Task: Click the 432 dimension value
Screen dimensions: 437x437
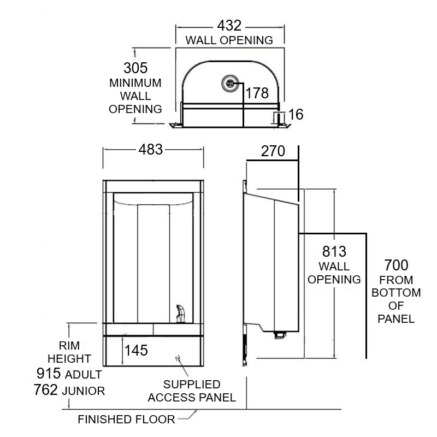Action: click(229, 26)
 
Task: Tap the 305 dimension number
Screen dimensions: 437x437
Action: click(135, 68)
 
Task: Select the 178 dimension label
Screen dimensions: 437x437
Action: click(257, 93)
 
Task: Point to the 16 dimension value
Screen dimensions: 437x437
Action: click(296, 114)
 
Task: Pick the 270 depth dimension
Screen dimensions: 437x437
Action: click(273, 151)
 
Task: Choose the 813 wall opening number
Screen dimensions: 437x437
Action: click(334, 252)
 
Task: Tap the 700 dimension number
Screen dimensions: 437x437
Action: click(396, 266)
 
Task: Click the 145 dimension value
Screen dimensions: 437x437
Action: click(136, 350)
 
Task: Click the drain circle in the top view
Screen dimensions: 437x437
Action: click(229, 83)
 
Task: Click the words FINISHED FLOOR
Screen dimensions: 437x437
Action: click(126, 420)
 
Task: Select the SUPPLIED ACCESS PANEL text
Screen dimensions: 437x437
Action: click(192, 391)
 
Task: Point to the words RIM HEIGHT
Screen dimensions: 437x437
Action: click(69, 352)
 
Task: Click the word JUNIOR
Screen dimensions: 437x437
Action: click(86, 391)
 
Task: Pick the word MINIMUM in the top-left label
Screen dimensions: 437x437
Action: click(135, 84)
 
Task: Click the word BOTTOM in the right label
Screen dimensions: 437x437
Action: click(397, 293)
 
